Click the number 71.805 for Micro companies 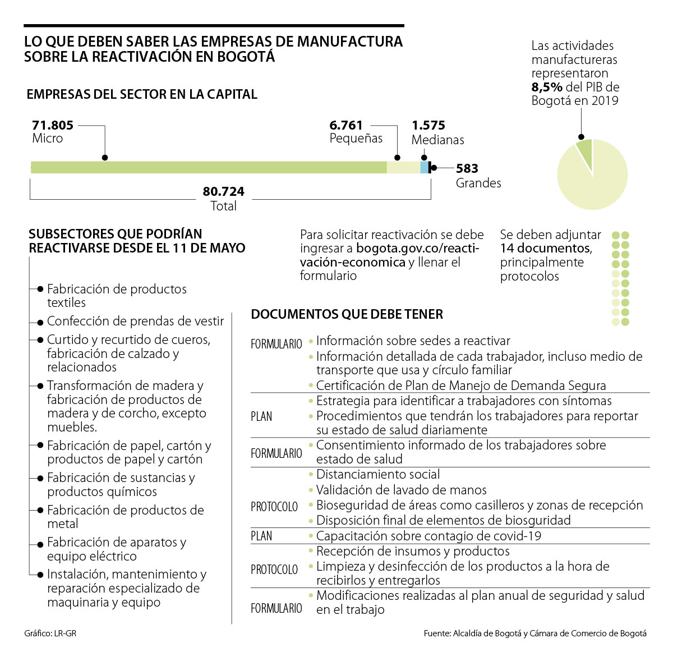click(x=53, y=125)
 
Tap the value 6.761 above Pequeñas click(x=346, y=125)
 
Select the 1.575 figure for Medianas click(x=428, y=126)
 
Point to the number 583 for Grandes click(x=467, y=168)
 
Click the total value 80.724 click(x=223, y=192)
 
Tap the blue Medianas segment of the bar click(x=424, y=167)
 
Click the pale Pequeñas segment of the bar click(x=403, y=167)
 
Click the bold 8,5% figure click(x=547, y=88)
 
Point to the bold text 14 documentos click(x=545, y=249)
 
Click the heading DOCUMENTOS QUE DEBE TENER click(x=347, y=314)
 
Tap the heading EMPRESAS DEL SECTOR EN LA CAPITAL click(x=142, y=94)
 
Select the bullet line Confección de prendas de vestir click(x=135, y=322)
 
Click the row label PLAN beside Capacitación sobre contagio click(x=261, y=536)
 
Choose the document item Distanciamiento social click(x=378, y=475)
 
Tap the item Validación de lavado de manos click(x=401, y=490)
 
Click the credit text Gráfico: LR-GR click(x=50, y=634)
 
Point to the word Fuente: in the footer click(x=437, y=634)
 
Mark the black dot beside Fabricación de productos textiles click(x=40, y=289)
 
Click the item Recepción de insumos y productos click(x=413, y=551)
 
